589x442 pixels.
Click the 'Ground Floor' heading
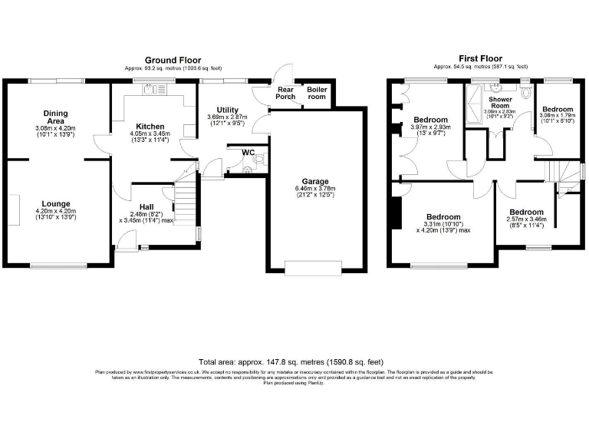(173, 60)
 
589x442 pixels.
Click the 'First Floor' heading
(480, 58)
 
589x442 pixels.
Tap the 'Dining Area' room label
(55, 117)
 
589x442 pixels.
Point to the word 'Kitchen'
(150, 127)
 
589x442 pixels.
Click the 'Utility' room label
(228, 110)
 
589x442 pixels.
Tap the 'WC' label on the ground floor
(248, 152)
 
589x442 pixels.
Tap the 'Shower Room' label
(499, 104)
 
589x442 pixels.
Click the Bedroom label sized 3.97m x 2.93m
(431, 120)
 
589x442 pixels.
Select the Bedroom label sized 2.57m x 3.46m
(526, 212)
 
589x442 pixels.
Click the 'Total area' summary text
(291, 361)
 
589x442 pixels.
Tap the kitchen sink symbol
(148, 90)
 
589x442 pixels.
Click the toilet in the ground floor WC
(258, 161)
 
